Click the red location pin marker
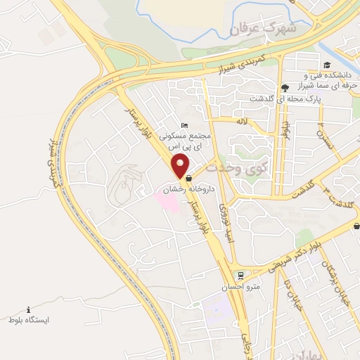(x=181, y=166)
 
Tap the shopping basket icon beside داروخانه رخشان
(x=188, y=179)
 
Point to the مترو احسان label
(x=246, y=287)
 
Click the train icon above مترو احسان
(x=240, y=275)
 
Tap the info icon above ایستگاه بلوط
(x=28, y=309)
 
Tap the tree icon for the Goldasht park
(x=284, y=88)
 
